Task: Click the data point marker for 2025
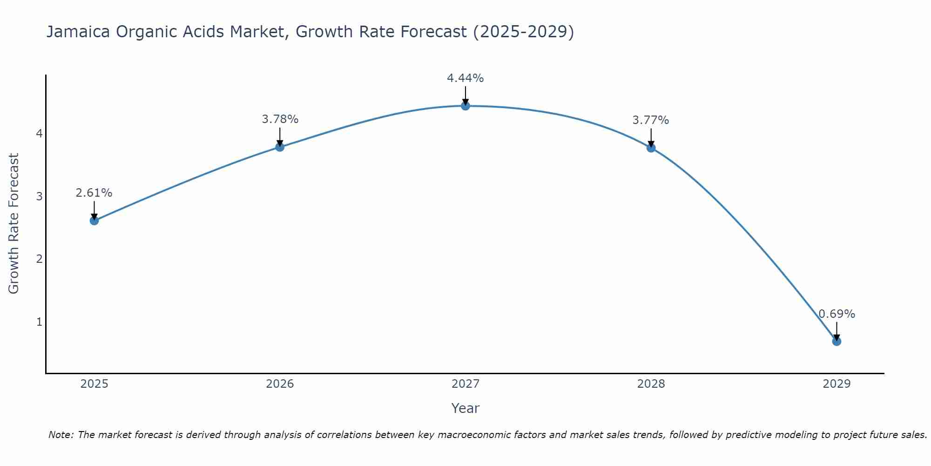coord(94,220)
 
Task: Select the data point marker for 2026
coord(280,147)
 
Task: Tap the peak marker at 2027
coord(465,106)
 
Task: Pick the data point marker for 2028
coord(651,148)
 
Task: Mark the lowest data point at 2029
coord(837,341)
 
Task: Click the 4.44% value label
coord(465,78)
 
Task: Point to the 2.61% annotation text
coord(94,193)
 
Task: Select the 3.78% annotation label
coord(280,119)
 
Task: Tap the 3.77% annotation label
coord(651,120)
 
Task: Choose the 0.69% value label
coord(837,314)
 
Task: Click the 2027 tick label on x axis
coord(465,384)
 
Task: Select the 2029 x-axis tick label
coord(837,384)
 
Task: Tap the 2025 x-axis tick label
coord(94,384)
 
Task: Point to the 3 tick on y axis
coord(39,196)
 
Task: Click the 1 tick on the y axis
coord(39,322)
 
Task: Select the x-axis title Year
coord(465,408)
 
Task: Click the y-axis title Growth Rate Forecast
coord(14,224)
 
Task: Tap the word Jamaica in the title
coord(78,32)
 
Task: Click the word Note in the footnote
coord(61,435)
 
